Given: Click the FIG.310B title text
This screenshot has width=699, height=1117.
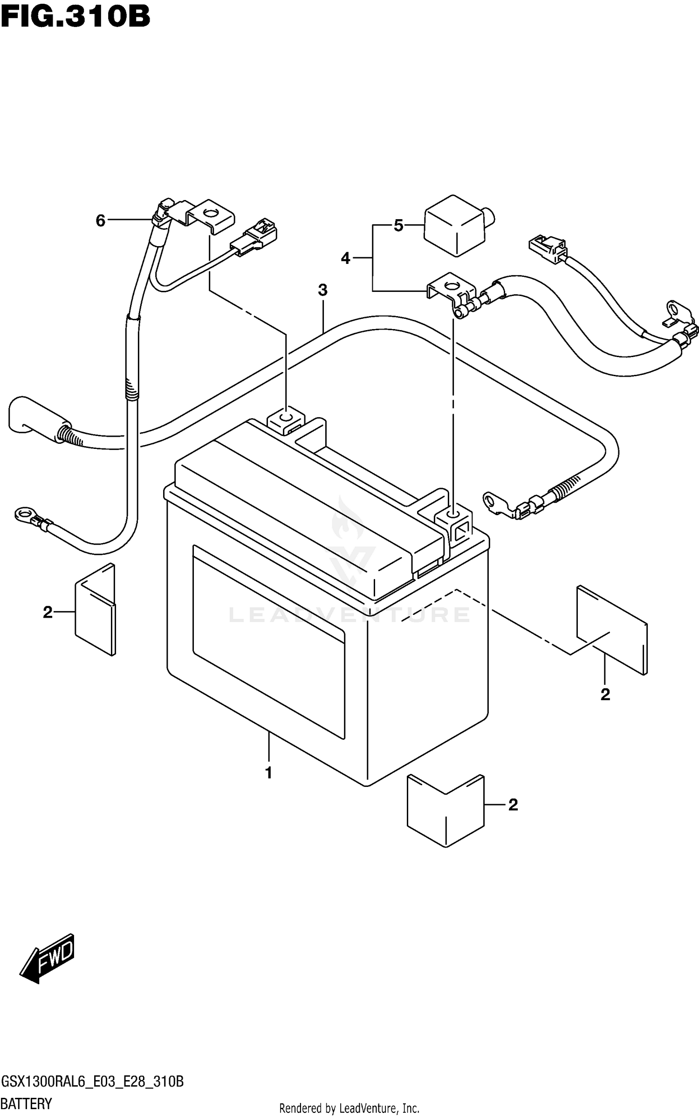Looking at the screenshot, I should pos(75,17).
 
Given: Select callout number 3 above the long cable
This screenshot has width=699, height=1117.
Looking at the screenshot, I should pos(322,290).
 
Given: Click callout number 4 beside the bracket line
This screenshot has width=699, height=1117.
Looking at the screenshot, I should pos(345,258).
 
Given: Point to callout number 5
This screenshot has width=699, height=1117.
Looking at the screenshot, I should pos(398,226).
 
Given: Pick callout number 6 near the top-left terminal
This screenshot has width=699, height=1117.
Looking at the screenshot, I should pos(101,220).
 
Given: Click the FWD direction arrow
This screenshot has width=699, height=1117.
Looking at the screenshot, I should pos(47,960).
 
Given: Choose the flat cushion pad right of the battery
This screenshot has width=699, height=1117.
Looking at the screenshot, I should pos(612,629).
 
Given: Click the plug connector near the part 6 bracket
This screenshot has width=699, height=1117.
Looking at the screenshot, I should pos(256,235).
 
